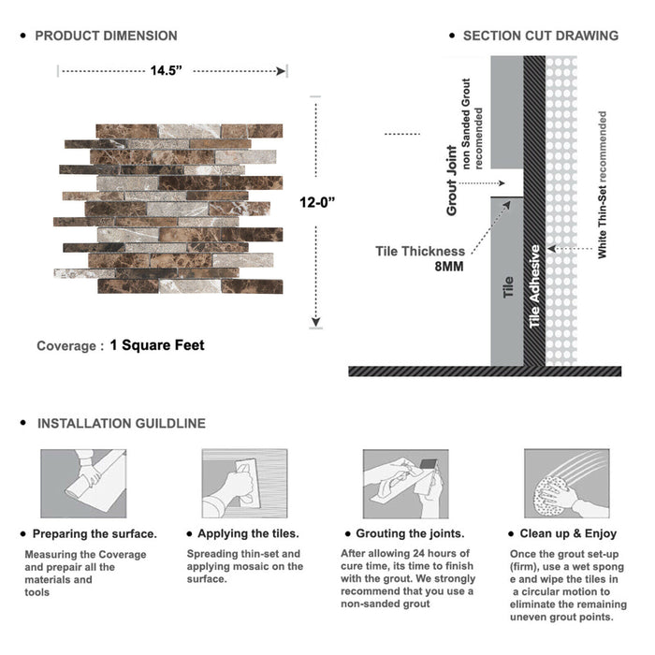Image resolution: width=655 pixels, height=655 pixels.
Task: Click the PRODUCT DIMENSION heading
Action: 106,36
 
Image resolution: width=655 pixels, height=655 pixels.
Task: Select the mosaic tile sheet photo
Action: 168,208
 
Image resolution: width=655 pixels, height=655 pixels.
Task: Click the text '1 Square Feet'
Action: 157,345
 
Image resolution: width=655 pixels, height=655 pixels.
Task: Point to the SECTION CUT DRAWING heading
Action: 540,36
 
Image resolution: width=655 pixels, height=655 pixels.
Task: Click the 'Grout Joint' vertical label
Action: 452,181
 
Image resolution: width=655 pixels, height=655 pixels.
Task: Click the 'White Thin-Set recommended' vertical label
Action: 603,184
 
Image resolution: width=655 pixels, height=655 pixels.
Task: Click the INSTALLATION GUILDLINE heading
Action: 121,423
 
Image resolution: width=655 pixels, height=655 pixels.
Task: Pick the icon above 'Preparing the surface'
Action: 82,483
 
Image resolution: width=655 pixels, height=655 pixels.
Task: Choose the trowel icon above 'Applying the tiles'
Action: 243,483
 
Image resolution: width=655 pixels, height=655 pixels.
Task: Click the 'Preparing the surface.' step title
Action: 94,533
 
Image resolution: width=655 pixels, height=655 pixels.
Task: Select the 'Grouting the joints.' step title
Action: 409,533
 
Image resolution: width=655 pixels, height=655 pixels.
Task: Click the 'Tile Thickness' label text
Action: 420,251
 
